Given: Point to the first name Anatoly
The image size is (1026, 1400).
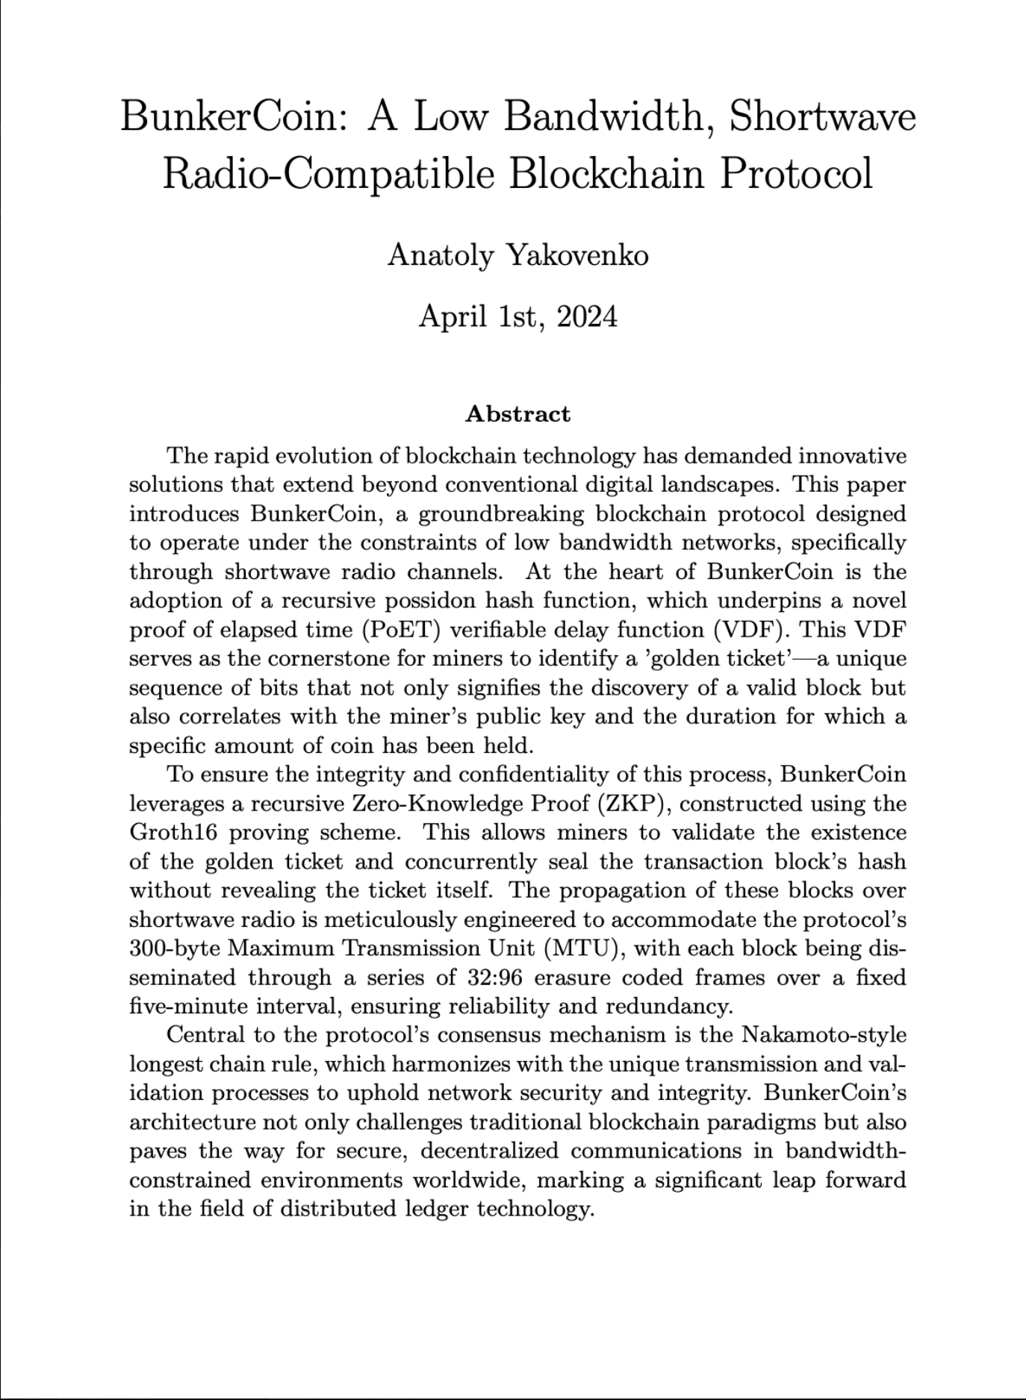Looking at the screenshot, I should click(x=440, y=256).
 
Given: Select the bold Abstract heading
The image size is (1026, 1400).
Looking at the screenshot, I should click(x=517, y=414).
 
